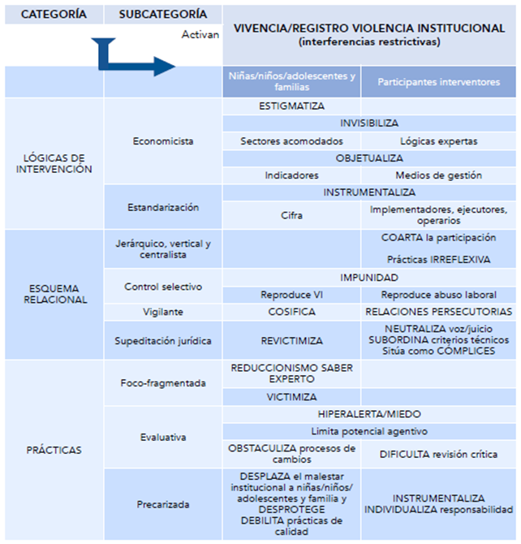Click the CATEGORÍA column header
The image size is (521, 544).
[x=54, y=15]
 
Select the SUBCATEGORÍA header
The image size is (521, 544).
[x=162, y=15]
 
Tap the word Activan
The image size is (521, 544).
[x=201, y=35]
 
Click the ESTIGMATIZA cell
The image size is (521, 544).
[x=291, y=106]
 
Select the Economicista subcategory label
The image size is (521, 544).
[x=163, y=140]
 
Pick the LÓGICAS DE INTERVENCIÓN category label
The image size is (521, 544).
[x=54, y=163]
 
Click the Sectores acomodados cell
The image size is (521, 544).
[x=291, y=140]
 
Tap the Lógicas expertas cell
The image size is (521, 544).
[x=438, y=140]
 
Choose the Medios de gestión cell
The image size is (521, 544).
[x=438, y=175]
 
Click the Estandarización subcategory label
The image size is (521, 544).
[x=163, y=208]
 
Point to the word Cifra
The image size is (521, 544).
[x=291, y=215]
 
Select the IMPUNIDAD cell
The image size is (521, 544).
[x=369, y=277]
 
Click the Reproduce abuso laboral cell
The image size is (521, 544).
[x=438, y=294]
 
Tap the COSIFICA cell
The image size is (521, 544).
[x=291, y=311]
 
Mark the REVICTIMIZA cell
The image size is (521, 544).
[x=291, y=341]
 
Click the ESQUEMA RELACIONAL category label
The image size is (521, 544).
[x=54, y=293]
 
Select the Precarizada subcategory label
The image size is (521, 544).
[x=163, y=504]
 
